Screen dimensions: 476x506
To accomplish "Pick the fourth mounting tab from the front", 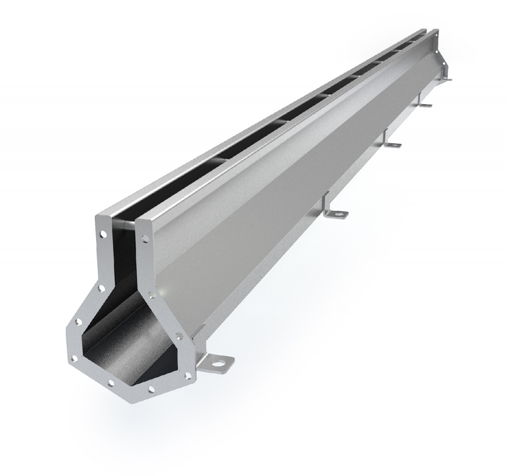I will pyautogui.click(x=426, y=105).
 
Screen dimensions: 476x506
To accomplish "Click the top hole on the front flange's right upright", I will pyautogui.click(x=145, y=238).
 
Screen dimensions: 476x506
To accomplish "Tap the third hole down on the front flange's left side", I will pyautogui.click(x=78, y=322).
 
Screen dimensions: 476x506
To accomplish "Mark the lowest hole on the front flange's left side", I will pyautogui.click(x=75, y=358).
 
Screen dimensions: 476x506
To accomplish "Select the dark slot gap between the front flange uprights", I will pyautogui.click(x=123, y=253).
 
